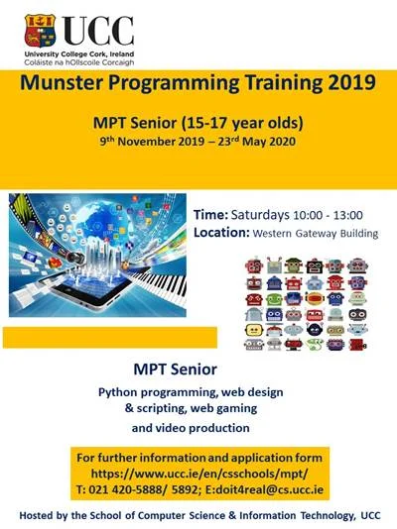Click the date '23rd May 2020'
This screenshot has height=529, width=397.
259,142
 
